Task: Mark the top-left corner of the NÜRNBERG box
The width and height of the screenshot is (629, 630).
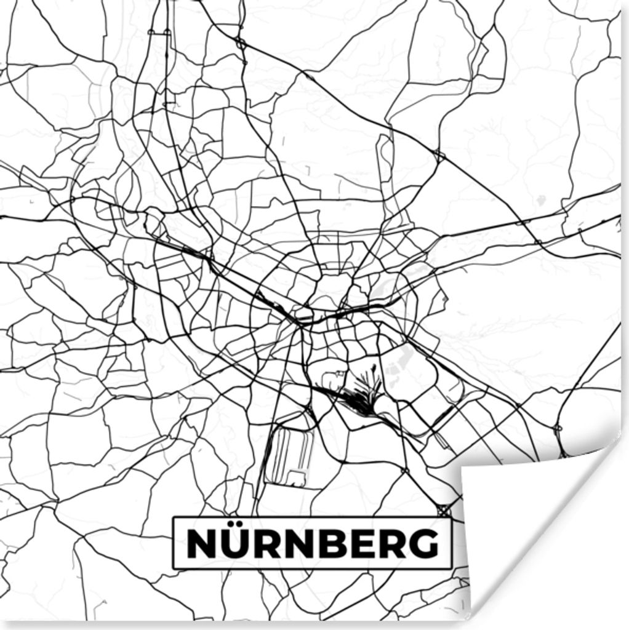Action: tap(174, 517)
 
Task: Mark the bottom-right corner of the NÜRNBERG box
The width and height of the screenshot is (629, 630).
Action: tap(451, 568)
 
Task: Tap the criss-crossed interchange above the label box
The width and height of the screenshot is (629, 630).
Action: tap(443, 510)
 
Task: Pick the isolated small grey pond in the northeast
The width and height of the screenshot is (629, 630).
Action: tap(540, 200)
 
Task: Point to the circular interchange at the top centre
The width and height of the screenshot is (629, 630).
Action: tap(241, 43)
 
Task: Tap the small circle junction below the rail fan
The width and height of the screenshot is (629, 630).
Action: tap(404, 471)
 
